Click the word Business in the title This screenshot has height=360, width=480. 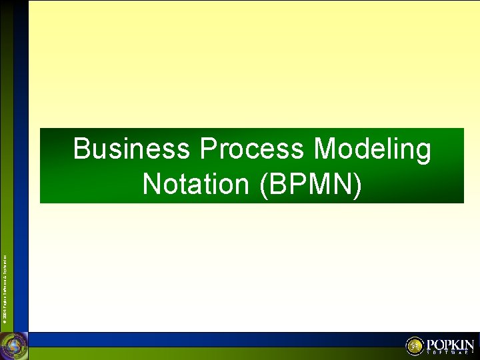click(131, 149)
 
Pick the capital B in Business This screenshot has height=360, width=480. click(81, 149)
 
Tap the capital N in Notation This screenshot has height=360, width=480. click(151, 184)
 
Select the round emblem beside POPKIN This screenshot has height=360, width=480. click(415, 346)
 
